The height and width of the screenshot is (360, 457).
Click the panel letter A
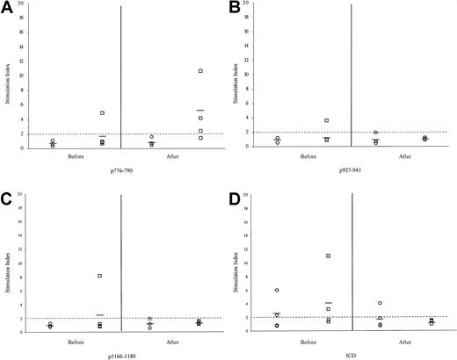click(8, 10)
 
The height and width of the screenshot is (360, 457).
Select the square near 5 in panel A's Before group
click(102, 113)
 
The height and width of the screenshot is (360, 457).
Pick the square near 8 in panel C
click(100, 276)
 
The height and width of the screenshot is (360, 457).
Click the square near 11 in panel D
click(328, 256)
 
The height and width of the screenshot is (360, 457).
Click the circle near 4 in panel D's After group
click(380, 303)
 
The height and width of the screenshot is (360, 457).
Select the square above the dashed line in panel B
click(327, 120)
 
